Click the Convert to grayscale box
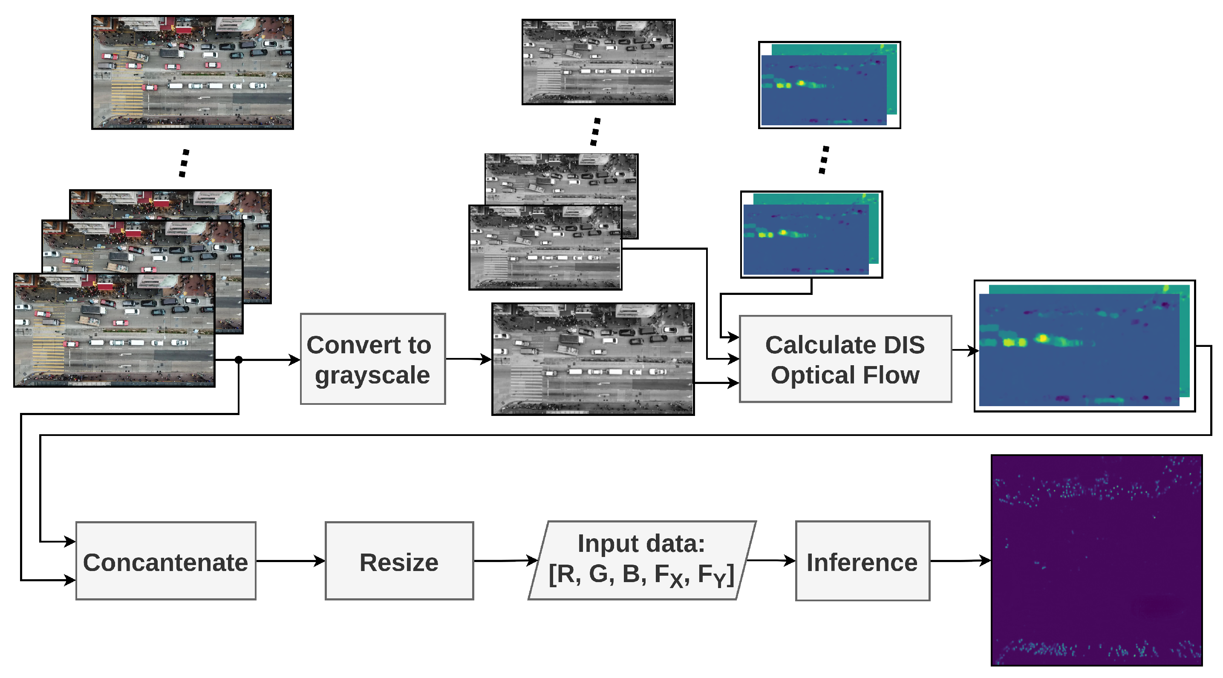tap(373, 359)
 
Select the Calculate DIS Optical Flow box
tap(845, 359)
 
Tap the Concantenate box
tap(166, 561)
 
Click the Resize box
tap(399, 561)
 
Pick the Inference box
tap(862, 561)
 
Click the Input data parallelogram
tap(642, 560)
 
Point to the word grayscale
tap(373, 375)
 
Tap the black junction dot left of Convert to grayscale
tap(239, 360)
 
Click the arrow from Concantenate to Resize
tap(291, 561)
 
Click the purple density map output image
tap(1097, 560)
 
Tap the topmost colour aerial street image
tap(192, 72)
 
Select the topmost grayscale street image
tap(598, 62)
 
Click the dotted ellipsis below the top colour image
tap(184, 163)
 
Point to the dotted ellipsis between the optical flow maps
tap(824, 160)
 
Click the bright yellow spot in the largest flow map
tap(1043, 338)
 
